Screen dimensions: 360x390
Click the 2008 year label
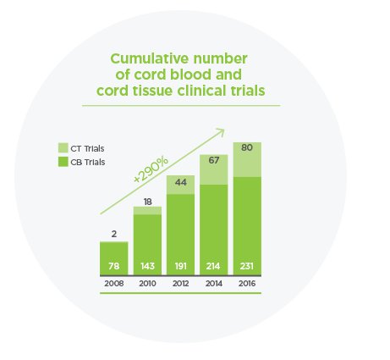pos(113,284)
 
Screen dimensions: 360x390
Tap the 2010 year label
pos(146,284)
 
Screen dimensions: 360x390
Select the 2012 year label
pos(180,284)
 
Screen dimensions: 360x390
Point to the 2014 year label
pos(213,284)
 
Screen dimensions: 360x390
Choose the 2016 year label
pos(247,284)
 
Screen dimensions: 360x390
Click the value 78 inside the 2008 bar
pos(113,266)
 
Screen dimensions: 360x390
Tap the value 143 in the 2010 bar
pos(146,266)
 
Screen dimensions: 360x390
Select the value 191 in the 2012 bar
pos(180,266)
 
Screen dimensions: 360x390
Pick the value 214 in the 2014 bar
pos(213,266)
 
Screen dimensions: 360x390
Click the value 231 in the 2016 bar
pos(247,266)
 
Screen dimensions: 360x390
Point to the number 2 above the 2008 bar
pos(113,233)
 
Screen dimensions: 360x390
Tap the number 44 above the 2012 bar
pos(180,182)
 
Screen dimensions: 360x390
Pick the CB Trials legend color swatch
pos(62,162)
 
